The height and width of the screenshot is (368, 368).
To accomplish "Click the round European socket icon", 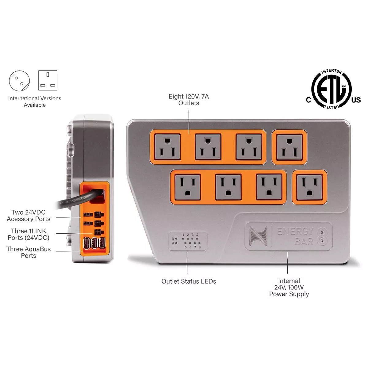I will (19, 81).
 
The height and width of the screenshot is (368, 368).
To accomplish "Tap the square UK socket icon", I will (48, 80).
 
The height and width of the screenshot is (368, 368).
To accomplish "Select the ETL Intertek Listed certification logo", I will (332, 89).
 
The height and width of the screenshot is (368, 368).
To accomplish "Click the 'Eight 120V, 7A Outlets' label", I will (189, 100).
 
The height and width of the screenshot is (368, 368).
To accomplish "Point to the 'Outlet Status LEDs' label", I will (189, 281).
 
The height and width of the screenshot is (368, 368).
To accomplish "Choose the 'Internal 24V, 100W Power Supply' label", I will (289, 287).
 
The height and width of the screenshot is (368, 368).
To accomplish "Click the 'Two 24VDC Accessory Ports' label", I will (29, 216).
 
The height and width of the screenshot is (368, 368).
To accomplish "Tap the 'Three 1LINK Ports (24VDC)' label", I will (29, 234).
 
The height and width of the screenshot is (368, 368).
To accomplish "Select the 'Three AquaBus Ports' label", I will (29, 252).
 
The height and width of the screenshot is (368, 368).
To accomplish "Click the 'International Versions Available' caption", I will (35, 102).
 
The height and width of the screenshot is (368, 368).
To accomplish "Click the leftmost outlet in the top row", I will (167, 147).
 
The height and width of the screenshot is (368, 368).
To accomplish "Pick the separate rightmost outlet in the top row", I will (289, 147).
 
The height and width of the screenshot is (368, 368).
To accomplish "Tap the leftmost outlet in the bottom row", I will (187, 187).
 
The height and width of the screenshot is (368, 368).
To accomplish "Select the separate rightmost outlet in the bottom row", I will (309, 187).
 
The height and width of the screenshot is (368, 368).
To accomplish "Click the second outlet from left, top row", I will (208, 147).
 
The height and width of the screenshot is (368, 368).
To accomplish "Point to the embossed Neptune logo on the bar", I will (258, 236).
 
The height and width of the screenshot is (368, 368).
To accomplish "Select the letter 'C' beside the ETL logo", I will (309, 100).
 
